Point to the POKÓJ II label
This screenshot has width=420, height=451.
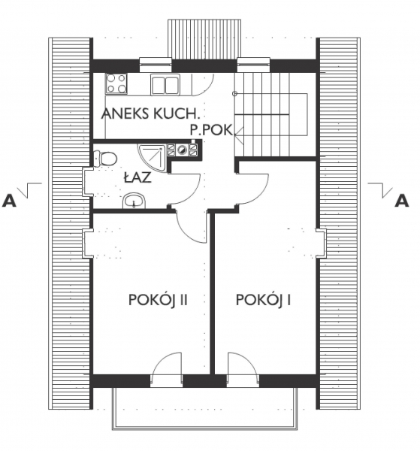pos(156,301)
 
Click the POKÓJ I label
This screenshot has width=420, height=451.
pos(263,301)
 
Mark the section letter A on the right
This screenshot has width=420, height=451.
pos(402,201)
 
